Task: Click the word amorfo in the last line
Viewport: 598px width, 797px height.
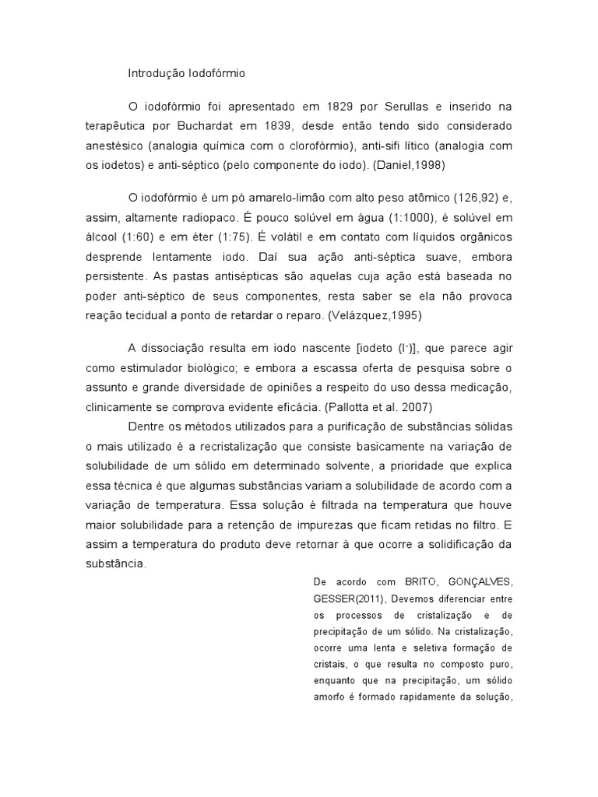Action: click(329, 696)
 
